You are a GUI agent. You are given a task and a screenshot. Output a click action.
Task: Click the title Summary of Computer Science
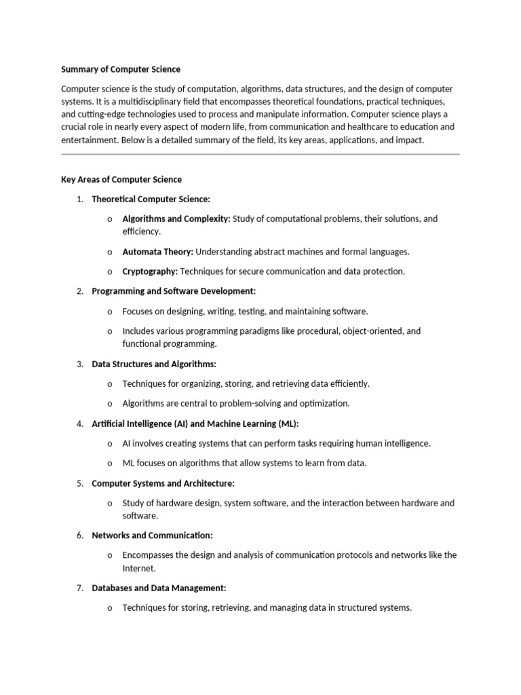click(121, 69)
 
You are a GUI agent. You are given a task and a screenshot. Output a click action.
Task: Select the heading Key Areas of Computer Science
click(121, 179)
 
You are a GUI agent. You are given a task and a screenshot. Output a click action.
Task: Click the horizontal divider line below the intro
click(260, 154)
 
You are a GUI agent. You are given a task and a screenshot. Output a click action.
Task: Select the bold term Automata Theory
click(157, 252)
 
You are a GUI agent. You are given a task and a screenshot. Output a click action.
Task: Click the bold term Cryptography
click(150, 271)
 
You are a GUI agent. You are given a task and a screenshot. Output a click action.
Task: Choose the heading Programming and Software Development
click(174, 291)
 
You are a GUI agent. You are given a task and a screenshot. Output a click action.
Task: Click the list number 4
click(79, 424)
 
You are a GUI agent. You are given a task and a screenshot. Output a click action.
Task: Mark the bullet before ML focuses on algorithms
click(109, 464)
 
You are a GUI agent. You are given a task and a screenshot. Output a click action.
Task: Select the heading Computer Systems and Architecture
click(163, 483)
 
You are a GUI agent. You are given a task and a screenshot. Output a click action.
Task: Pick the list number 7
click(79, 588)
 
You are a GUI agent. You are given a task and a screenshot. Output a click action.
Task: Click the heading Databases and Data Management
click(159, 588)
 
